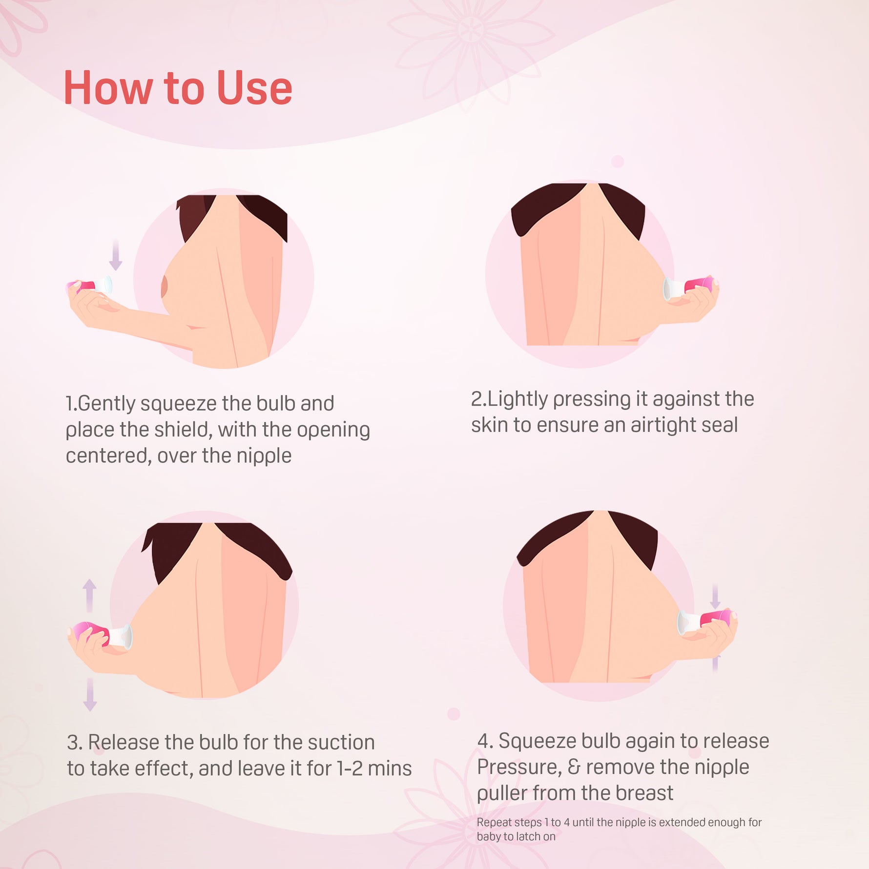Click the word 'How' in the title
pos(108,88)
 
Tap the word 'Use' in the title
pos(254,88)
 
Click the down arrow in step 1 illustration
pos(116,254)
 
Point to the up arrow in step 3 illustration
pos(89,596)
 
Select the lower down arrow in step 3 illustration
pos(90,694)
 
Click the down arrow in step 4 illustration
pos(715,596)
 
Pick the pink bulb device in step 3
pos(100,634)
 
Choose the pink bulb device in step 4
pos(707,621)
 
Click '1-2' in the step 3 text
pos(349,769)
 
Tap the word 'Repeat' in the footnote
pos(494,823)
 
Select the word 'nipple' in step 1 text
pos(264,456)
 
